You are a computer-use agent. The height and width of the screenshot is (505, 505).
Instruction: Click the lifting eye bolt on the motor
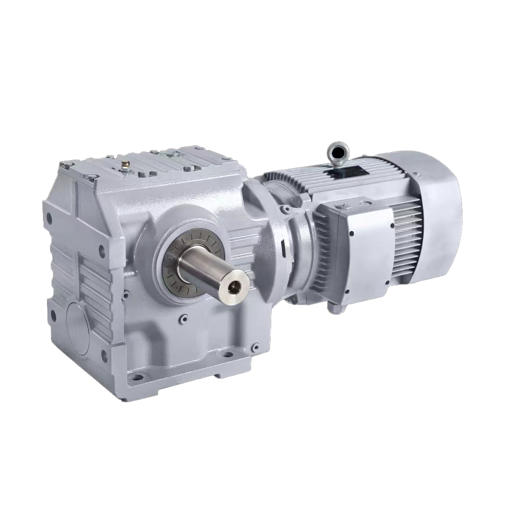coord(338,151)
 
